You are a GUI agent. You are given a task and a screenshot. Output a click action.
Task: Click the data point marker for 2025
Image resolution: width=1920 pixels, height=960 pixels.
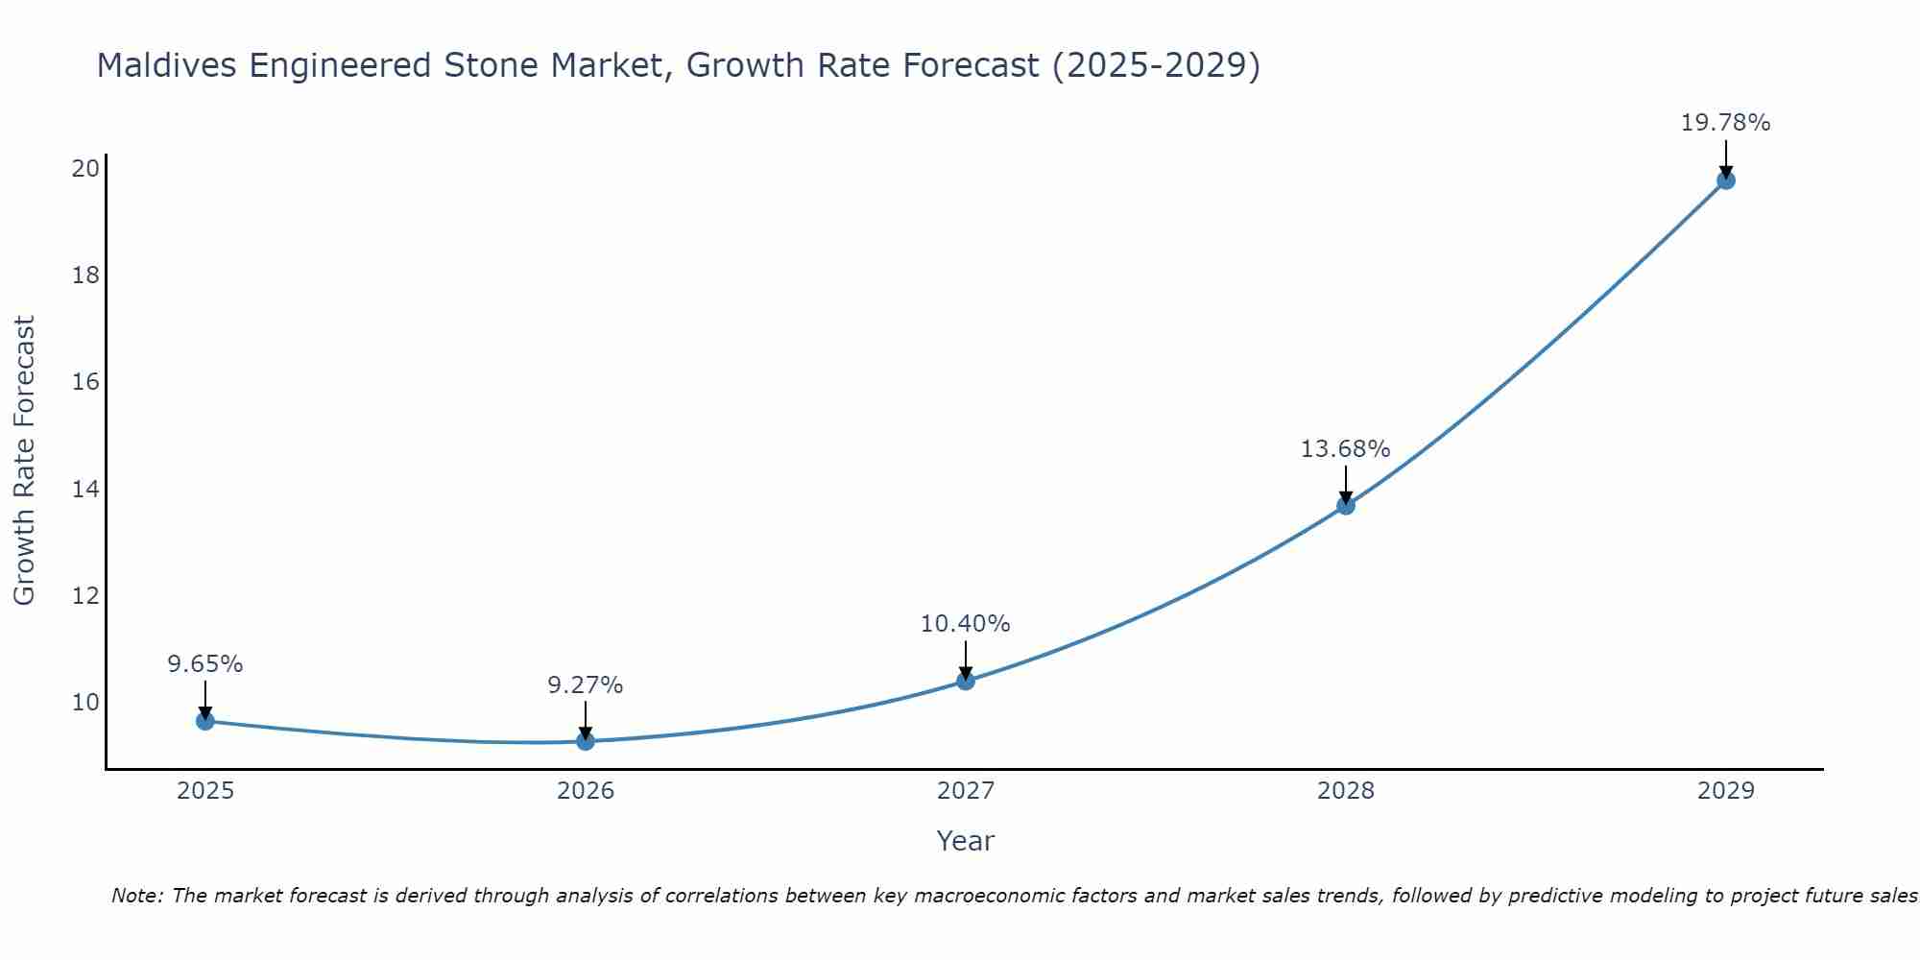pyautogui.click(x=205, y=721)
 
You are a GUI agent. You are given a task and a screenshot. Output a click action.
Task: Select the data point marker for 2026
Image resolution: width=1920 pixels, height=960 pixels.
pyautogui.click(x=586, y=741)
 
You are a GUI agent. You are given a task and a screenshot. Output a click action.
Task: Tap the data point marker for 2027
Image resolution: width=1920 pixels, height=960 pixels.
pyautogui.click(x=966, y=681)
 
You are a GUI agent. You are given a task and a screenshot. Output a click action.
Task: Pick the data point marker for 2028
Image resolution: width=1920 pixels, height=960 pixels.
pyautogui.click(x=1346, y=506)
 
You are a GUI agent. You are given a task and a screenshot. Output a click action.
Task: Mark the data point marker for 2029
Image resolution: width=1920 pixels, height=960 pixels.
pyautogui.click(x=1725, y=180)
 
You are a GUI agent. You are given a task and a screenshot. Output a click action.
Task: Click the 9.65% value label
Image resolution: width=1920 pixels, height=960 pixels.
pyautogui.click(x=205, y=664)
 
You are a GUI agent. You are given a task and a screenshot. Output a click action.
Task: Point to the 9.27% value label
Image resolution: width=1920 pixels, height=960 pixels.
pyautogui.click(x=586, y=685)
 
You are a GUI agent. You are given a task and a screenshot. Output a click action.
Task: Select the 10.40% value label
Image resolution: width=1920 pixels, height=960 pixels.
pyautogui.click(x=966, y=624)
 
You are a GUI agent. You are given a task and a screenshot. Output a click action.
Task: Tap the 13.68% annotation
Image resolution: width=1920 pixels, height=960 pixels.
pyautogui.click(x=1346, y=449)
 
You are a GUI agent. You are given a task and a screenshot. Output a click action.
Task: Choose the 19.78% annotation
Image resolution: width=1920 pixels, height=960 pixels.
pyautogui.click(x=1725, y=123)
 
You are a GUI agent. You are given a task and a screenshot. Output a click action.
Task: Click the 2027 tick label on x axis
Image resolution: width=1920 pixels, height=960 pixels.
pyautogui.click(x=966, y=791)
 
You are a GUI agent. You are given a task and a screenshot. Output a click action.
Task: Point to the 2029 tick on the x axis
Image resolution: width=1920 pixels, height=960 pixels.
pyautogui.click(x=1725, y=791)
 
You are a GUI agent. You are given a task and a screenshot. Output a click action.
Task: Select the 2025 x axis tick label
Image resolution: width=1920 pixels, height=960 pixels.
pyautogui.click(x=205, y=791)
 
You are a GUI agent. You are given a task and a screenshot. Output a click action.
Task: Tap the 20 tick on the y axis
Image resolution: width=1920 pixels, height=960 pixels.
pyautogui.click(x=85, y=169)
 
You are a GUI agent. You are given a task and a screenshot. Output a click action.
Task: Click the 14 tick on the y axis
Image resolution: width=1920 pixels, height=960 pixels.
pyautogui.click(x=85, y=490)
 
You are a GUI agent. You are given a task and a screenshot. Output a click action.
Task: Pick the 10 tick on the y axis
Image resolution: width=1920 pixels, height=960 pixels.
pyautogui.click(x=85, y=703)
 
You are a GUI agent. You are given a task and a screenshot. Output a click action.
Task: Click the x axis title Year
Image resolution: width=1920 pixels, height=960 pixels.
pyautogui.click(x=966, y=841)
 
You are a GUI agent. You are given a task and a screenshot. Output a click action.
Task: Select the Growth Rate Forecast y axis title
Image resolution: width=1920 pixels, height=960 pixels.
pyautogui.click(x=25, y=461)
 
